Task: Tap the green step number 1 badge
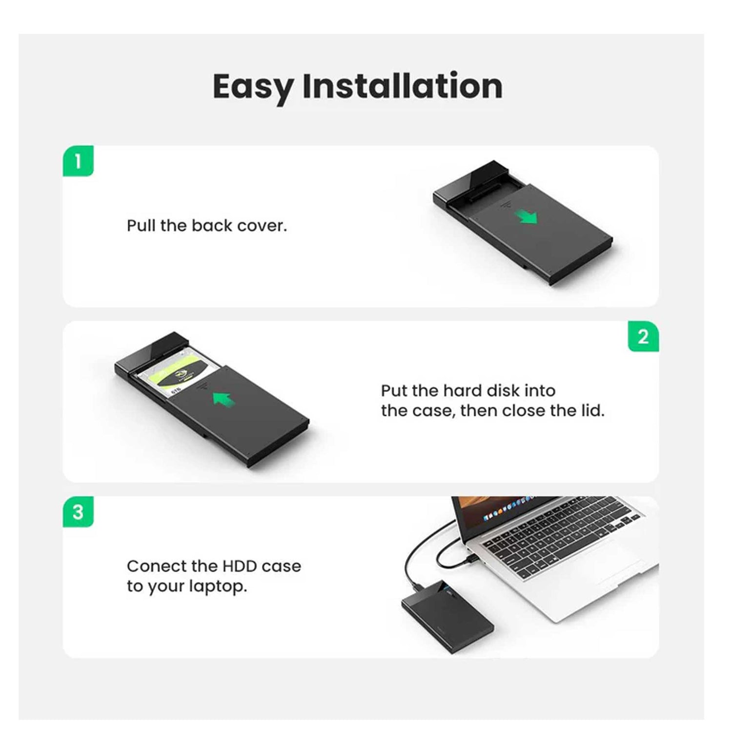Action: [x=78, y=161]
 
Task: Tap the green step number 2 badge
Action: [x=643, y=336]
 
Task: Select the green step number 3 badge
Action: [x=78, y=512]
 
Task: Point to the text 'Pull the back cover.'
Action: [x=207, y=226]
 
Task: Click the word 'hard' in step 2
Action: [x=462, y=391]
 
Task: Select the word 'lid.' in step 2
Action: [x=592, y=411]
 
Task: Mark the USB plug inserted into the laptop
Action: [x=472, y=558]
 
